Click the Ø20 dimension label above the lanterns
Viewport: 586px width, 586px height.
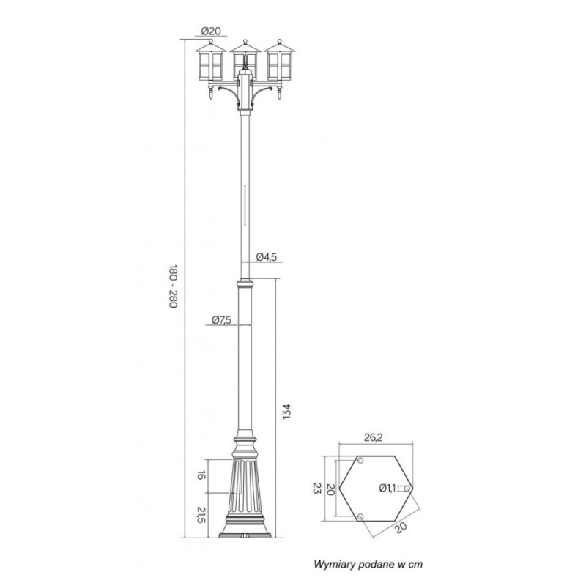(x=211, y=31)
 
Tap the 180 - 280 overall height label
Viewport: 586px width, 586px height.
(x=173, y=286)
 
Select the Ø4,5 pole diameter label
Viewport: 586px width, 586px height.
(x=267, y=257)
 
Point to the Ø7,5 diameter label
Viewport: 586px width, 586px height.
(x=222, y=320)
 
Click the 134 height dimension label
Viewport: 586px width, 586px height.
(x=286, y=412)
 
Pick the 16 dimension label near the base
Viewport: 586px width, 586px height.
(x=201, y=475)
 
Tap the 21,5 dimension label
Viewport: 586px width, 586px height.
(x=201, y=515)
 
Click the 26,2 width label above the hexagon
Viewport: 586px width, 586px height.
(x=373, y=437)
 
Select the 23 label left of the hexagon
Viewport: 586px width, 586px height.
(x=317, y=488)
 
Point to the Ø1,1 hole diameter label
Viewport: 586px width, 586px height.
(x=387, y=488)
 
